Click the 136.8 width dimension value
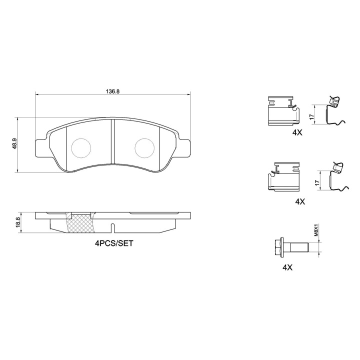(112, 91)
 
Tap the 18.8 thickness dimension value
(18, 222)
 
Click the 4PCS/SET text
(114, 243)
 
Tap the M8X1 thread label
(316, 231)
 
